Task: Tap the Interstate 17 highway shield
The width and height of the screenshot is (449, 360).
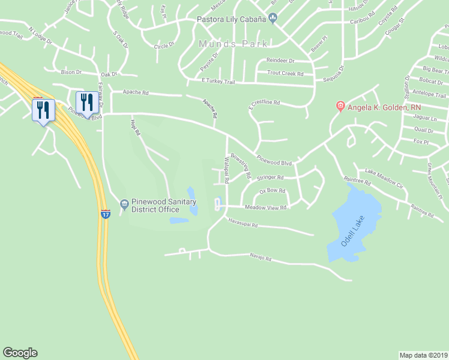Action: tap(105, 214)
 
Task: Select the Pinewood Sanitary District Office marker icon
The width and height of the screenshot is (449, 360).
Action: tap(124, 205)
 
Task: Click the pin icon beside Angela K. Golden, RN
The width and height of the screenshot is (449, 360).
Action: tap(340, 107)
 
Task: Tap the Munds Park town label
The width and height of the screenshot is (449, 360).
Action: tap(235, 44)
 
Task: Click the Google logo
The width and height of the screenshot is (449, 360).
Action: tap(20, 353)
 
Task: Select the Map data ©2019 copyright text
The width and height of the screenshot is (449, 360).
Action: tap(424, 355)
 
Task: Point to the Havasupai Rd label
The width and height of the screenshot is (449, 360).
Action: tap(243, 225)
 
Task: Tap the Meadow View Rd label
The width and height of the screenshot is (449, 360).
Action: tap(267, 208)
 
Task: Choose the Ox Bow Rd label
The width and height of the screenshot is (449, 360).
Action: tap(272, 191)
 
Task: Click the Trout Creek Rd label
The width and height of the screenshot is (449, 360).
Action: tap(285, 74)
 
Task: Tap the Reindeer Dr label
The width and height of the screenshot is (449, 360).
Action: tap(280, 61)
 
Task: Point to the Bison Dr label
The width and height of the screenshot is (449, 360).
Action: tap(70, 72)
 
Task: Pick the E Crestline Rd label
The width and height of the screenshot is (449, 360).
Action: tap(265, 103)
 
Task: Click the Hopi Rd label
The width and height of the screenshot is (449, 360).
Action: tap(134, 127)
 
